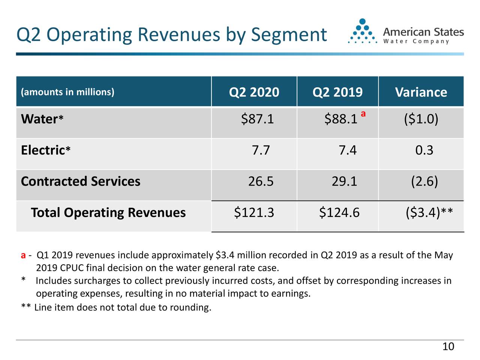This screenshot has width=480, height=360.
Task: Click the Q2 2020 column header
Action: click(254, 92)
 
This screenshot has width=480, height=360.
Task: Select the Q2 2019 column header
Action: click(337, 92)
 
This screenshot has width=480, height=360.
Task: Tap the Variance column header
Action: click(421, 92)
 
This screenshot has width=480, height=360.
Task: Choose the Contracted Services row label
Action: click(81, 181)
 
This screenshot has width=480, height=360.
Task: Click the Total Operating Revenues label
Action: click(108, 213)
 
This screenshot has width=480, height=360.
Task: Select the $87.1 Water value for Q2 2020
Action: click(257, 119)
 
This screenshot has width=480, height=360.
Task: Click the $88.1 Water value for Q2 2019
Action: click(340, 119)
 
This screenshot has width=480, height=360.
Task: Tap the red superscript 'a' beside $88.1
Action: click(363, 113)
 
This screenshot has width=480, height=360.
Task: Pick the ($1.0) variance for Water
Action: click(421, 119)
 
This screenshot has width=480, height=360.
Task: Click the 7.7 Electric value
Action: click(261, 150)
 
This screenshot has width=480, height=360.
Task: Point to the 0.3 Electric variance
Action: click(424, 150)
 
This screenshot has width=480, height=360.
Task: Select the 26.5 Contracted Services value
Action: click(261, 181)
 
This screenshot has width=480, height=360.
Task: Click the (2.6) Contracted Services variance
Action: click(424, 181)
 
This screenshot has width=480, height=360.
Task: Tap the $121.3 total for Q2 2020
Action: click(254, 213)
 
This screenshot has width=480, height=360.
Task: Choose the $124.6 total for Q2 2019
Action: click(339, 213)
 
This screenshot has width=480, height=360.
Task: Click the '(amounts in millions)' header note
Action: click(67, 92)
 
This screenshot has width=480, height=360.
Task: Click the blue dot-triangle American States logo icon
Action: click(362, 31)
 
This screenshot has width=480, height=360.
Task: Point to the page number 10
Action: click(448, 346)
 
